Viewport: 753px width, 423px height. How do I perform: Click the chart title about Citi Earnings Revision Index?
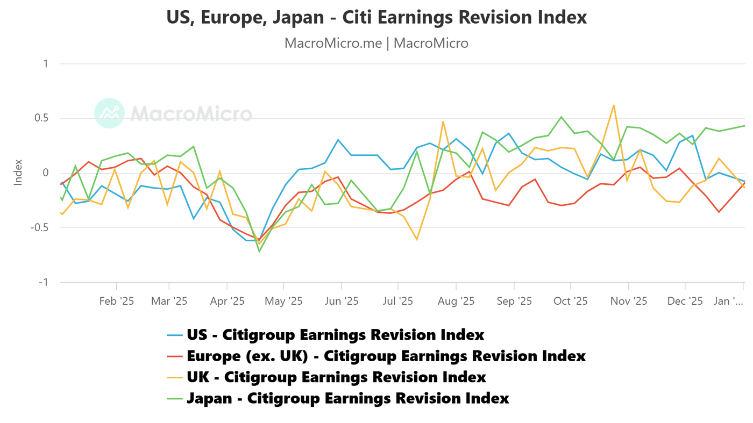pyautogui.click(x=376, y=17)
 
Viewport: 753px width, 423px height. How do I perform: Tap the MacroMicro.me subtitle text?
pyautogui.click(x=376, y=43)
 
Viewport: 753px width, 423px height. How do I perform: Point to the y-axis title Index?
pyautogui.click(x=18, y=172)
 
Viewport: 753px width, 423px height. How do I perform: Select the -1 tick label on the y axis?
pyautogui.click(x=42, y=282)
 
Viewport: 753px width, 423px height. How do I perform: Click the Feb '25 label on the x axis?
pyautogui.click(x=117, y=301)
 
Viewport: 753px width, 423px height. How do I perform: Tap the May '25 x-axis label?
pyautogui.click(x=283, y=301)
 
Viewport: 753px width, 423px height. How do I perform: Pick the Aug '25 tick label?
pyautogui.click(x=456, y=301)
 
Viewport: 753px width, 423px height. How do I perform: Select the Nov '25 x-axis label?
pyautogui.click(x=629, y=301)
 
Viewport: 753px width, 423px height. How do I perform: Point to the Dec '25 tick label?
pyautogui.click(x=685, y=301)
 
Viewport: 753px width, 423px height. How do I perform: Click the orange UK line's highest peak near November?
pyautogui.click(x=614, y=105)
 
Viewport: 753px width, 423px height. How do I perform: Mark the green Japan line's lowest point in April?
pyautogui.click(x=259, y=252)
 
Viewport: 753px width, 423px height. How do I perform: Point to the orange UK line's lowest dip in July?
pyautogui.click(x=416, y=239)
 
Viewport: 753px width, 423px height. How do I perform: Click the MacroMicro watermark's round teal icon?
pyautogui.click(x=109, y=113)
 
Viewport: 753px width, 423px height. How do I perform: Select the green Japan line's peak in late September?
pyautogui.click(x=561, y=117)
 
